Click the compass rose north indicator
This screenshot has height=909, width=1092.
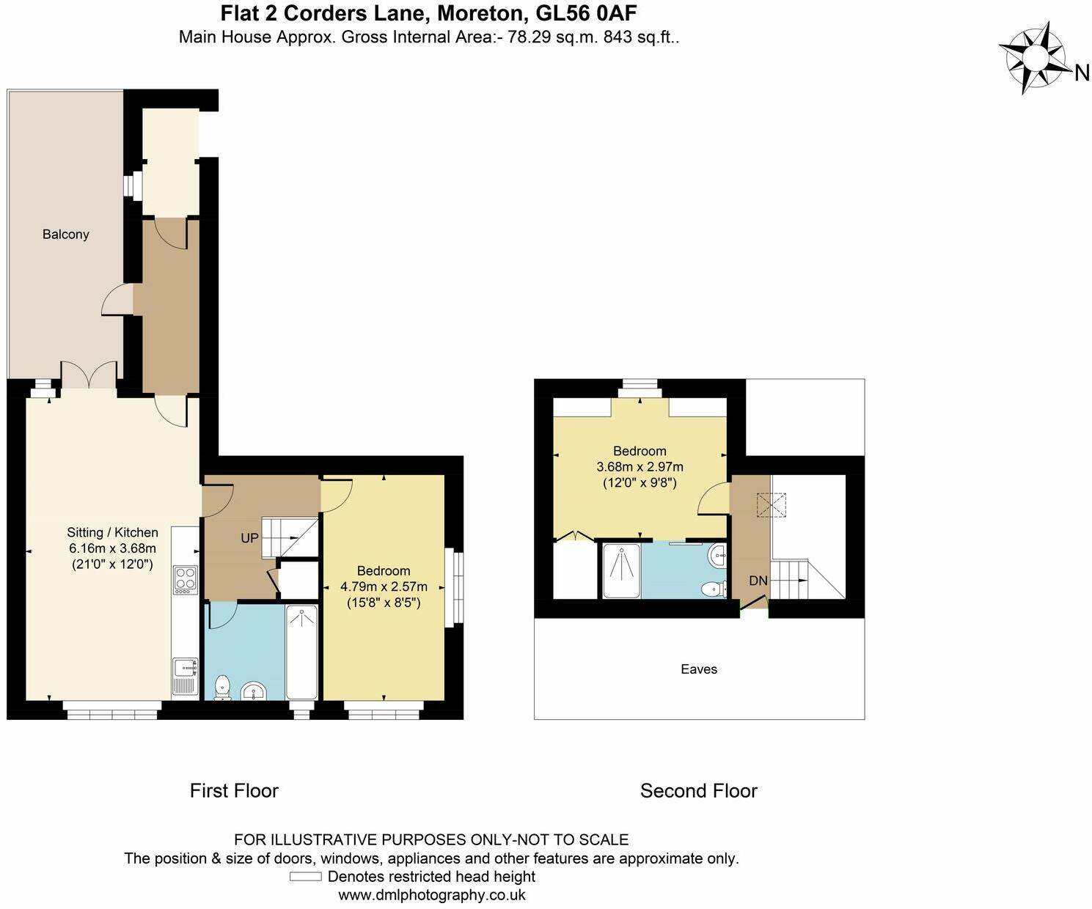tap(1036, 57)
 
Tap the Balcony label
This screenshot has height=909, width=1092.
tap(65, 235)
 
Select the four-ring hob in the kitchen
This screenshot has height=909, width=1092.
tap(185, 579)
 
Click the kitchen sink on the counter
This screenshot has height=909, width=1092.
tap(184, 668)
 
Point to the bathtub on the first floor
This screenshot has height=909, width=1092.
tap(301, 652)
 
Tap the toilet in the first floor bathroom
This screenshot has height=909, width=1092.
tap(221, 688)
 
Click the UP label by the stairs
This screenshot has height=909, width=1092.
tap(249, 538)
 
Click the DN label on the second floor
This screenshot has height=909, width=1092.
tap(758, 581)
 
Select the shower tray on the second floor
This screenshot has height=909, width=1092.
tap(621, 571)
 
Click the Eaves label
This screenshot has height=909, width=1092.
tap(698, 669)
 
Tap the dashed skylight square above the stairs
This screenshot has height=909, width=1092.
tap(771, 505)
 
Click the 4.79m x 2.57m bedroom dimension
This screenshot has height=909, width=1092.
tap(383, 586)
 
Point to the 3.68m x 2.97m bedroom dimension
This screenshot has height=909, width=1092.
tap(640, 466)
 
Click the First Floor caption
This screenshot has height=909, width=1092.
tap(234, 790)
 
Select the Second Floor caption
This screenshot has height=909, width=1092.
tap(698, 790)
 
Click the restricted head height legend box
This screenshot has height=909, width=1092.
tap(305, 877)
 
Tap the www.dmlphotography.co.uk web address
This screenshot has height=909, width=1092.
tap(431, 895)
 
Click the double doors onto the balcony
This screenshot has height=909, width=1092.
tap(89, 375)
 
